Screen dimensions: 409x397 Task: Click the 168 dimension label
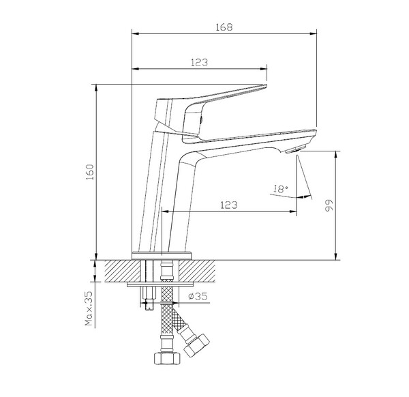(x=224, y=27)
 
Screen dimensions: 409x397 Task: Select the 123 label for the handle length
(x=199, y=62)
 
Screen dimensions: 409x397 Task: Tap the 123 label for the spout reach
(x=229, y=205)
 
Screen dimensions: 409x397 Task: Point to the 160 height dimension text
(x=90, y=172)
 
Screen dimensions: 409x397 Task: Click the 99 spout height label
(x=329, y=206)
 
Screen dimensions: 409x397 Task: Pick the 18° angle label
(x=281, y=189)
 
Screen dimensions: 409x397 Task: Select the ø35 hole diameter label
(x=198, y=296)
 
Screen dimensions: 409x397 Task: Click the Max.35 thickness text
(x=89, y=308)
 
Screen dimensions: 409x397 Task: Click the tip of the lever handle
(x=266, y=86)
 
